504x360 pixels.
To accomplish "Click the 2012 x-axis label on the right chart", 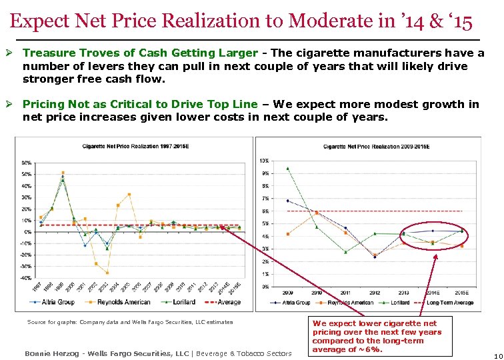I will tap(375, 292).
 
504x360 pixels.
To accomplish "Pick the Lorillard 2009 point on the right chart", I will tap(287, 169).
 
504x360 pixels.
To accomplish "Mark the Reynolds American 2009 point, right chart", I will tap(287, 234).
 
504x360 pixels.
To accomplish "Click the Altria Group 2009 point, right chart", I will tap(287, 201).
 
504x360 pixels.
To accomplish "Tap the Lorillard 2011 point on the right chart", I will tap(345, 252).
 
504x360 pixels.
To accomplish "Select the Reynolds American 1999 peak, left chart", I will tap(63, 173).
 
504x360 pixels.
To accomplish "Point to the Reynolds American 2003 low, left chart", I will tap(107, 273).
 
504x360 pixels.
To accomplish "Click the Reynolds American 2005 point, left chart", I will tap(129, 195).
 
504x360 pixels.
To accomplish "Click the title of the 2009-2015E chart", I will tap(377, 146).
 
